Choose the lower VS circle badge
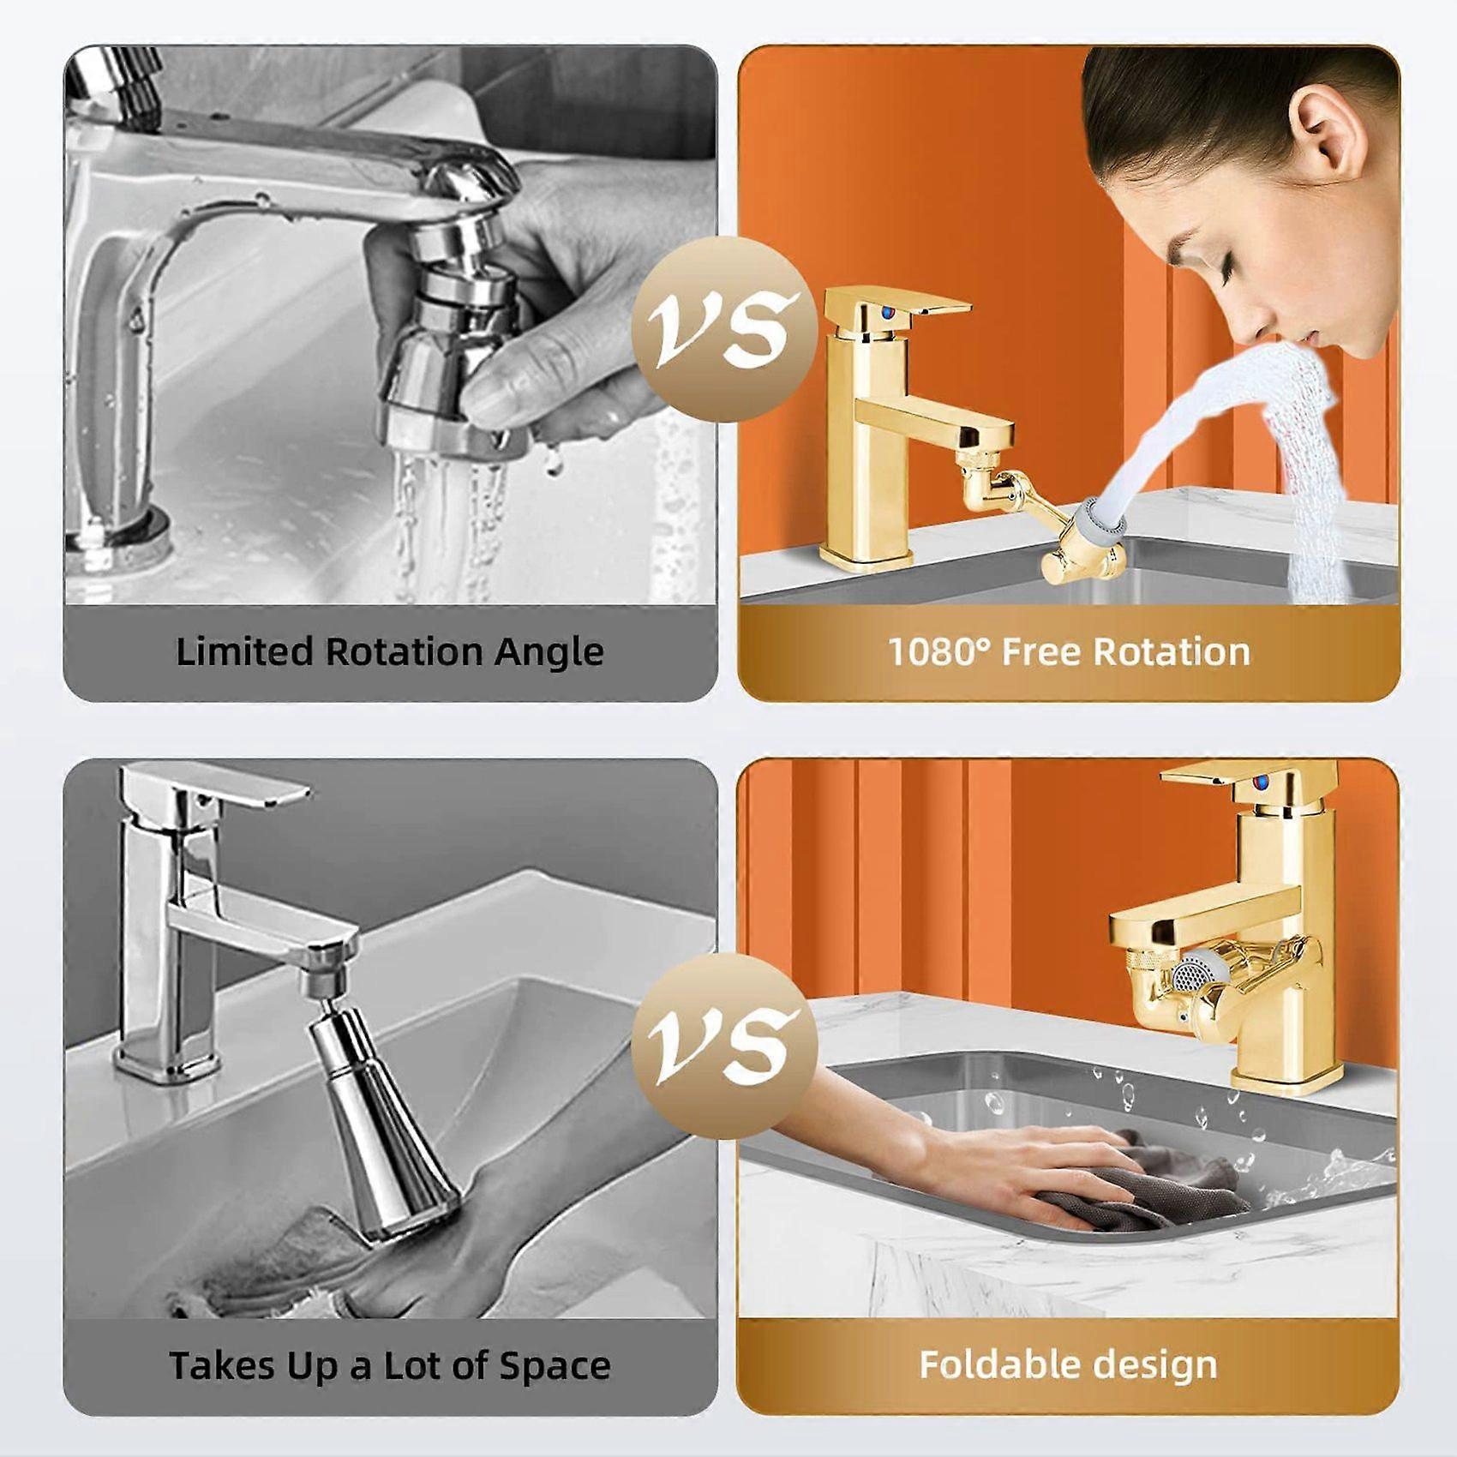(724, 1046)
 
